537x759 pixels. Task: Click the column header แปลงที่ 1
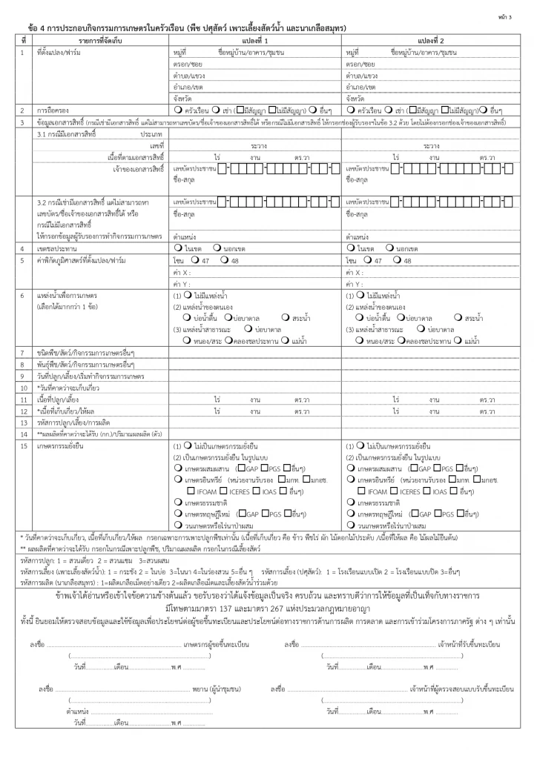[x=255, y=40]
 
